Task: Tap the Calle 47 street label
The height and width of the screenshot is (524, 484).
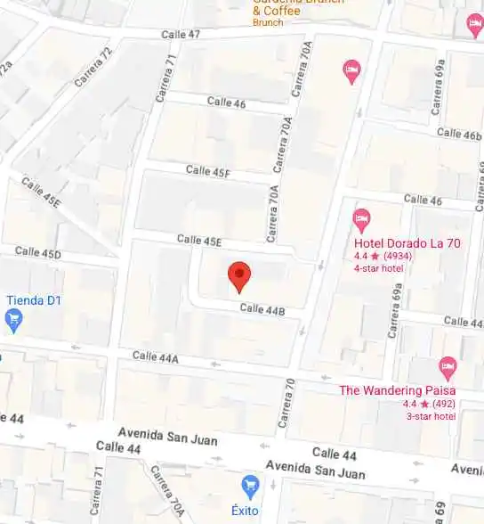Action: click(181, 34)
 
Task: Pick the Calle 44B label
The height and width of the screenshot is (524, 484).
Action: click(262, 310)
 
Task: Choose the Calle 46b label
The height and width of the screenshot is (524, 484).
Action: click(458, 135)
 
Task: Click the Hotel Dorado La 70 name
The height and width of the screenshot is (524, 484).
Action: click(407, 243)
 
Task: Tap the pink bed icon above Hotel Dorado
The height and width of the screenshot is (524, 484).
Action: click(361, 217)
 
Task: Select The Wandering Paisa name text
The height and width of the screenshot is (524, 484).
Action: click(397, 390)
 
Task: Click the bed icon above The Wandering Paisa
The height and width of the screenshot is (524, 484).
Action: click(448, 365)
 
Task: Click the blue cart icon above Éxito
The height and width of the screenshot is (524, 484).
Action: click(251, 486)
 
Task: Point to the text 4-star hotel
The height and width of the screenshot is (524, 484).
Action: click(379, 268)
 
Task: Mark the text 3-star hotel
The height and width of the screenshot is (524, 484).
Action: click(431, 416)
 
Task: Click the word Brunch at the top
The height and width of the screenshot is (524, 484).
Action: click(267, 22)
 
